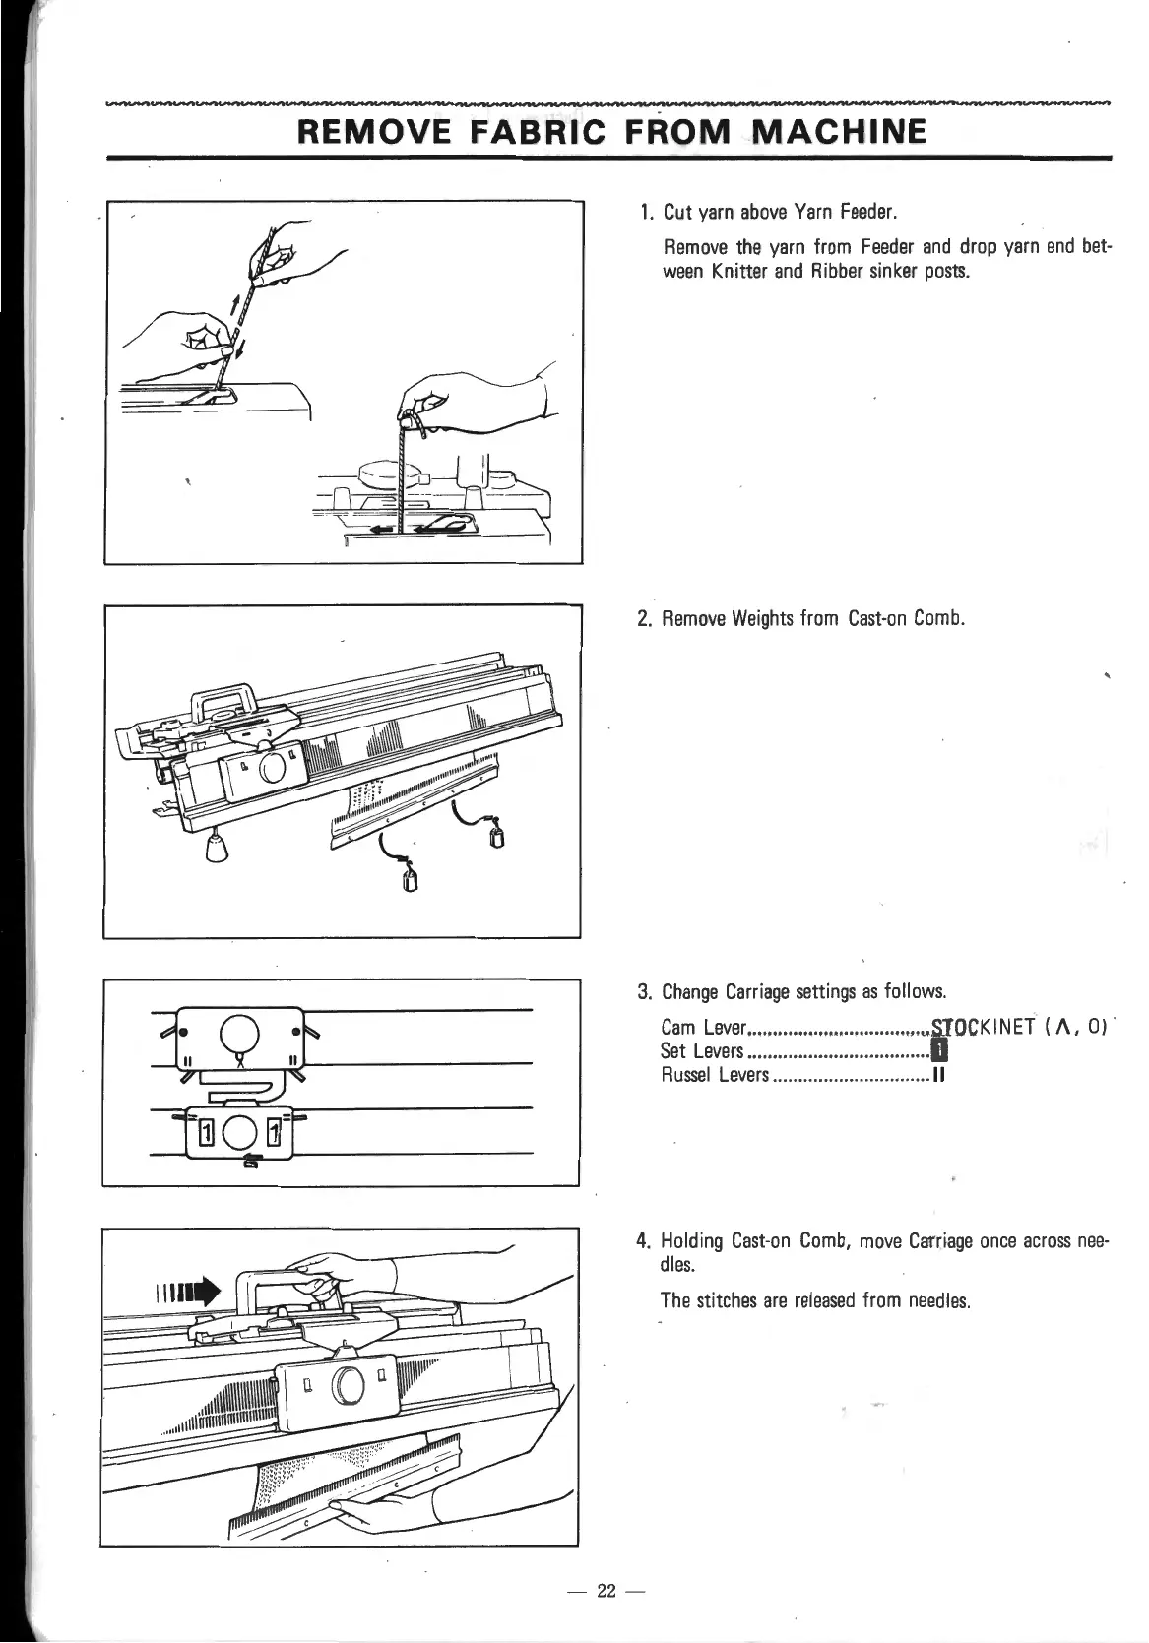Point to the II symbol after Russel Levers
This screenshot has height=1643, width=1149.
coord(938,1075)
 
